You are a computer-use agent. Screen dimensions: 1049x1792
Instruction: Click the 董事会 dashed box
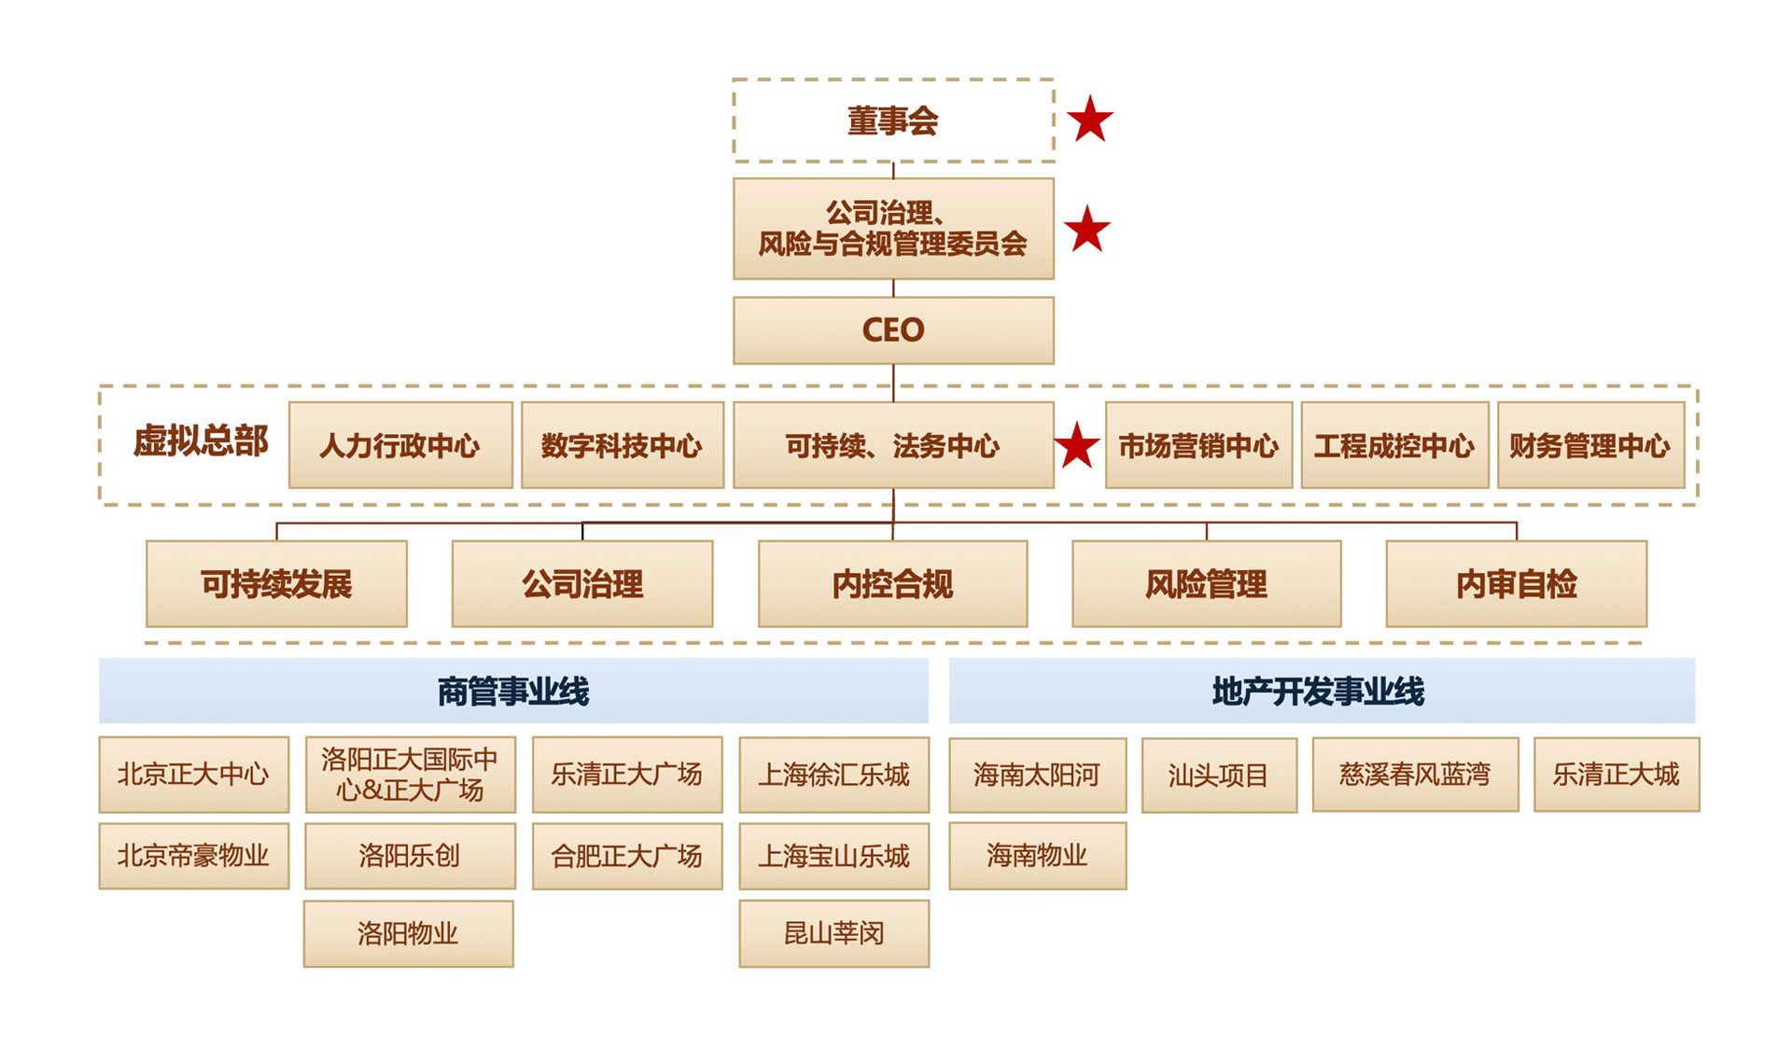click(x=893, y=120)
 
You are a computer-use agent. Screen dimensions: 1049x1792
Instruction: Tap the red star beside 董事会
click(x=1089, y=119)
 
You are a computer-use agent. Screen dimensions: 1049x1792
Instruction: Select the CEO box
click(x=893, y=330)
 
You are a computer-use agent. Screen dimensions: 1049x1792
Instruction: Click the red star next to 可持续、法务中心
click(x=1077, y=446)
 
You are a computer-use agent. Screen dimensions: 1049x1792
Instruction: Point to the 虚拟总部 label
click(x=201, y=441)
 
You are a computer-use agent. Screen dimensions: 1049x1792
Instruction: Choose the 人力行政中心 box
click(x=400, y=445)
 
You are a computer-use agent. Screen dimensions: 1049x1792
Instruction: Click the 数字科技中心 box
click(x=622, y=445)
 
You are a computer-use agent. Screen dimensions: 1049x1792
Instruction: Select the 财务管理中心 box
click(x=1590, y=445)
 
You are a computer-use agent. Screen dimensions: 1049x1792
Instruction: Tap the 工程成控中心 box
click(x=1394, y=445)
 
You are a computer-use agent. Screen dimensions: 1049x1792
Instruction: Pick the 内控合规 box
click(x=892, y=584)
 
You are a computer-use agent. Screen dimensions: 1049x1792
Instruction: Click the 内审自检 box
click(x=1516, y=584)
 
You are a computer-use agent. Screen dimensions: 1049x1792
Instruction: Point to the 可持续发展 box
click(x=276, y=584)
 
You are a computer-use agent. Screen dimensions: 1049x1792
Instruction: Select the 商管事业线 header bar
click(x=513, y=692)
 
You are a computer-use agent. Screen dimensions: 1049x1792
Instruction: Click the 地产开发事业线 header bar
click(x=1321, y=692)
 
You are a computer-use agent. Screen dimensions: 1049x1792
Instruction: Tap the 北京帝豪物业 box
click(x=193, y=856)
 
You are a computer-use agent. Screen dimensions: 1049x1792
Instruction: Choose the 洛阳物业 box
click(x=408, y=933)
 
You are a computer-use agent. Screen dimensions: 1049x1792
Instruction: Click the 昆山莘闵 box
click(x=833, y=933)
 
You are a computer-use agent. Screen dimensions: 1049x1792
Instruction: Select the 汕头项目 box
click(x=1219, y=775)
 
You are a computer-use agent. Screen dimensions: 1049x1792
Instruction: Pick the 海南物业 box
click(x=1037, y=856)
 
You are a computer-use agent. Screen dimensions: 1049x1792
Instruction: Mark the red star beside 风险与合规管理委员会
click(x=1086, y=230)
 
